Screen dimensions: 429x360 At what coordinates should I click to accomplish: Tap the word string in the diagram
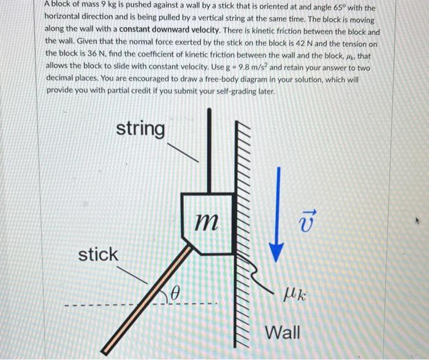click(140, 129)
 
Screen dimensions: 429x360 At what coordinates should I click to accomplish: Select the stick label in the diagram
click(98, 253)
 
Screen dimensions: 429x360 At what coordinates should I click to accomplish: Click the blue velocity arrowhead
click(278, 252)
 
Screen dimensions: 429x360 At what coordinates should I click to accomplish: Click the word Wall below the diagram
click(283, 333)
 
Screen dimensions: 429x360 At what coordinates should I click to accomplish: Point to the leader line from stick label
click(133, 275)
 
